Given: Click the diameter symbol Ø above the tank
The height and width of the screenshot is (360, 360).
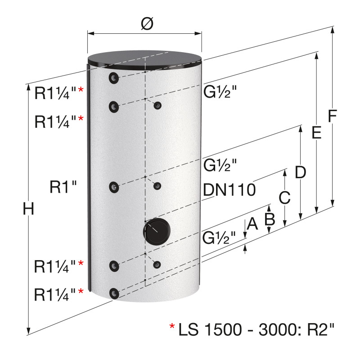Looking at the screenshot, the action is tap(147, 24).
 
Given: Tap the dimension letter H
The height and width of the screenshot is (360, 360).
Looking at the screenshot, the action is tap(28, 209).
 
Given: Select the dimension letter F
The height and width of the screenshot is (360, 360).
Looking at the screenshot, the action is tap(332, 116).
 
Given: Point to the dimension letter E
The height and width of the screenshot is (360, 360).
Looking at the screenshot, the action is tap(316, 133).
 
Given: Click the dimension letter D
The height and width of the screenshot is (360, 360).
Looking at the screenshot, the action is tap(300, 172).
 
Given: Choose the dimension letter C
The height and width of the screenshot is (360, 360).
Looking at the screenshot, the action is tap(284, 197).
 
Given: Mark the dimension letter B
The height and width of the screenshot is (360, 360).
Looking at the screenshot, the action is tap(270, 219).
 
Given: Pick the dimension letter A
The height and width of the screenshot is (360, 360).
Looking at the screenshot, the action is tap(252, 224).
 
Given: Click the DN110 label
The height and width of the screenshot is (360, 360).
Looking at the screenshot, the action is tap(229, 189).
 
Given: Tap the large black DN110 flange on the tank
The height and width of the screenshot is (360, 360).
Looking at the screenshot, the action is tap(157, 231).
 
